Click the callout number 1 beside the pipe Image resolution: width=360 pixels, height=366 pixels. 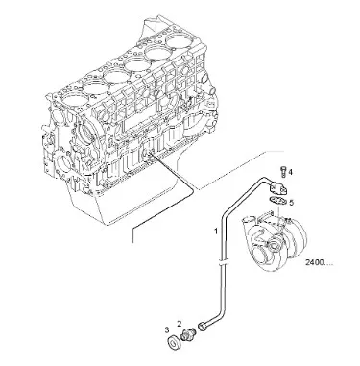coord(216,231)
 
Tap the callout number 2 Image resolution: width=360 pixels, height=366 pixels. coord(180,324)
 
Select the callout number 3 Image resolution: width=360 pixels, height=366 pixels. coord(167,329)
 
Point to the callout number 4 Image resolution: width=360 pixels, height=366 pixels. coord(290,172)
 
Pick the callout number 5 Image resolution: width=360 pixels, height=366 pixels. coord(291,203)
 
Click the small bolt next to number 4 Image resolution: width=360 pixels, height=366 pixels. coord(282,171)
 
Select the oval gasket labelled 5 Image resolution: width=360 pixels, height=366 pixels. coord(276,201)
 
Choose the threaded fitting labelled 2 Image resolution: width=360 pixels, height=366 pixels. coord(186,334)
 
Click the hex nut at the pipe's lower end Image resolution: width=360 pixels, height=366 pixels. coord(203,326)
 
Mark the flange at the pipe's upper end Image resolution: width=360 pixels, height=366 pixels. coord(278,188)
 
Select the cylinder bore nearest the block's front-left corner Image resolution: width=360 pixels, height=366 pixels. coord(73,98)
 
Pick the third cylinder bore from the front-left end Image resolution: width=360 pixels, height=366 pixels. coord(115,76)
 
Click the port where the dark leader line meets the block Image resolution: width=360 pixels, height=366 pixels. coord(150,154)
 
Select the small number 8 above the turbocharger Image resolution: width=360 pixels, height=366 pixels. coord(272,212)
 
